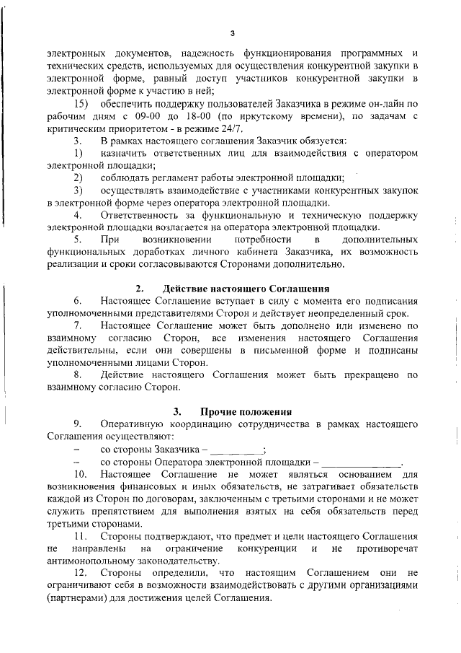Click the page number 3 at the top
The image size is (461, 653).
(x=232, y=33)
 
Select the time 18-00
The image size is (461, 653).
(x=220, y=116)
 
